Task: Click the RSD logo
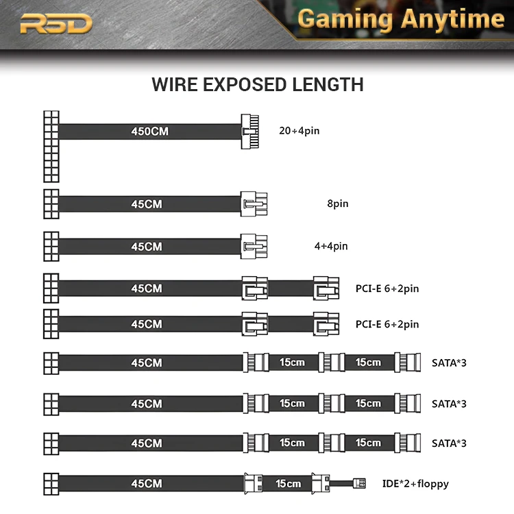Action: pos(56,24)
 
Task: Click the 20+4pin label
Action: pos(299,130)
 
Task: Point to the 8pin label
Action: pos(338,204)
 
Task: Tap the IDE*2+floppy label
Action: pos(415,484)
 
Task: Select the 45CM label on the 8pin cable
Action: pos(147,204)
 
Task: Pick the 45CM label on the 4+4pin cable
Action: pos(147,246)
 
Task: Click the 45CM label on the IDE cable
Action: pos(147,483)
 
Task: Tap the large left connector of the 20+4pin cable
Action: pos(51,145)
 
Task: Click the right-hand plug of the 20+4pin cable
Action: pos(249,131)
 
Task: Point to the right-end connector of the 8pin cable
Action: pos(253,204)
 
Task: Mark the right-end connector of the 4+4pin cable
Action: pos(253,245)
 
